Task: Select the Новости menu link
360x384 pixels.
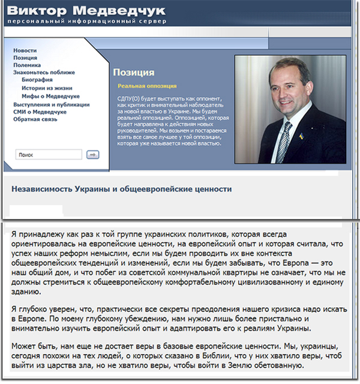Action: click(x=25, y=50)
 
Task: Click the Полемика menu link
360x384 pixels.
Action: click(x=27, y=65)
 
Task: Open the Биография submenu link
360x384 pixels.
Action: click(x=37, y=79)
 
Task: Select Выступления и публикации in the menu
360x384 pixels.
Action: click(x=51, y=104)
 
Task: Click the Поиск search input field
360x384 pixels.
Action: click(x=48, y=155)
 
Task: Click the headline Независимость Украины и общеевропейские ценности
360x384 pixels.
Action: click(x=121, y=188)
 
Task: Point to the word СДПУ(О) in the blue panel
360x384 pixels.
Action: click(x=130, y=98)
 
